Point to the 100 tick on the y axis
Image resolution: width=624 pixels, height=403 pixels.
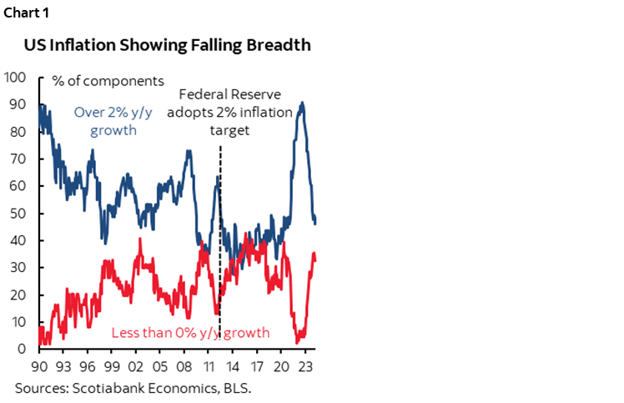[x=18, y=77]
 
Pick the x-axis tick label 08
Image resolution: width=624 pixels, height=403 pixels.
[x=188, y=365]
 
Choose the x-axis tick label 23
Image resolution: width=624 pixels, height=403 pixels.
[x=308, y=365]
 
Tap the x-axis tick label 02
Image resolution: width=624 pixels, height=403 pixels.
[x=139, y=365]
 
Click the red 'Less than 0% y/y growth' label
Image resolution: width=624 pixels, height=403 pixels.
[x=191, y=333]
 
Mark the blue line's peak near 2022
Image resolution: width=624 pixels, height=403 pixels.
[x=301, y=103]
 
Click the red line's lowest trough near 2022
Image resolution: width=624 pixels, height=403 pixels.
[x=297, y=342]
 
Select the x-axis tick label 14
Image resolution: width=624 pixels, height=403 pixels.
[x=236, y=365]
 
